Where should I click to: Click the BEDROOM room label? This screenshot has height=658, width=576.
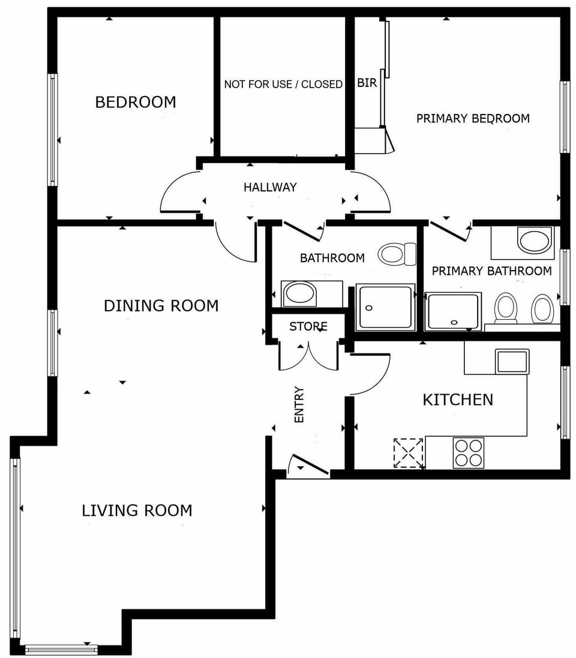pyautogui.click(x=136, y=102)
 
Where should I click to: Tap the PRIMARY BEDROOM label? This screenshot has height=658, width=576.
pyautogui.click(x=473, y=119)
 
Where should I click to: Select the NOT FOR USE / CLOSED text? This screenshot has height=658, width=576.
pyautogui.click(x=283, y=85)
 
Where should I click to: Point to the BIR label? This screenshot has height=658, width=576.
pyautogui.click(x=367, y=83)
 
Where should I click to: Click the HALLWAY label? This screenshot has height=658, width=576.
pyautogui.click(x=270, y=187)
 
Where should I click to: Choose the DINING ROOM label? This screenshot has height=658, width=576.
pyautogui.click(x=161, y=306)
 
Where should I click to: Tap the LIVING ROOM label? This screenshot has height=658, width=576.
pyautogui.click(x=137, y=510)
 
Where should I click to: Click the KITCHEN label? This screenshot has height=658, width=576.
pyautogui.click(x=458, y=400)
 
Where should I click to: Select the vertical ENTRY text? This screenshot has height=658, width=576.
pyautogui.click(x=299, y=404)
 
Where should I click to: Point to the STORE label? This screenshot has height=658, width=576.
pyautogui.click(x=308, y=326)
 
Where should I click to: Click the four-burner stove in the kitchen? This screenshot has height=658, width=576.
pyautogui.click(x=469, y=453)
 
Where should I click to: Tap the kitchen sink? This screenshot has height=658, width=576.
pyautogui.click(x=512, y=361)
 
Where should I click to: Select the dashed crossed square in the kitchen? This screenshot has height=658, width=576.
pyautogui.click(x=408, y=453)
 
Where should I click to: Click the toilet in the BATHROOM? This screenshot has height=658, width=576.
pyautogui.click(x=397, y=254)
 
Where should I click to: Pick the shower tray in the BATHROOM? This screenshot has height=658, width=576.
pyautogui.click(x=385, y=307)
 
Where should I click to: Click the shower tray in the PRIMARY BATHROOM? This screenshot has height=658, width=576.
pyautogui.click(x=453, y=312)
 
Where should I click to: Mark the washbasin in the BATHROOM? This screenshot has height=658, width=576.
pyautogui.click(x=299, y=293)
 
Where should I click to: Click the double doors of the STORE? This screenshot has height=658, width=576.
pyautogui.click(x=308, y=356)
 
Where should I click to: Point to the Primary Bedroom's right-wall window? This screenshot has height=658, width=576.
pyautogui.click(x=565, y=117)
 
